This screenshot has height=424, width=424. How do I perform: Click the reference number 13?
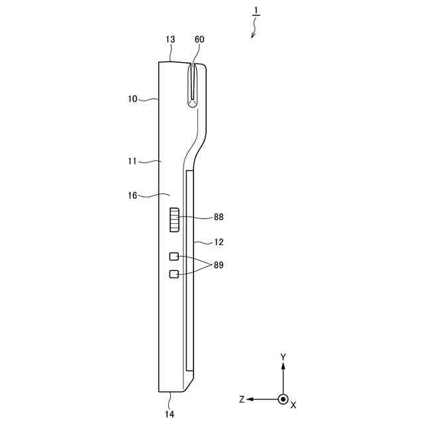[170, 40]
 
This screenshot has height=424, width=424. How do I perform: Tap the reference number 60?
[199, 40]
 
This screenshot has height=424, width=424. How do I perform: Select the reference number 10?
[132, 99]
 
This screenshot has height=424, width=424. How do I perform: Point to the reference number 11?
[132, 162]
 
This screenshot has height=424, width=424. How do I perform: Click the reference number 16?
[132, 195]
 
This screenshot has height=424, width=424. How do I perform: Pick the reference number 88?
[219, 217]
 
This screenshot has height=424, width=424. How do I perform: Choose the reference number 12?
[219, 242]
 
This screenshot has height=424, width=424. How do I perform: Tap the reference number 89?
[219, 265]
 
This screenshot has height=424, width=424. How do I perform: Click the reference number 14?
[170, 414]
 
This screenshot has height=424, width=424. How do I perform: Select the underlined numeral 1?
[256, 11]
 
